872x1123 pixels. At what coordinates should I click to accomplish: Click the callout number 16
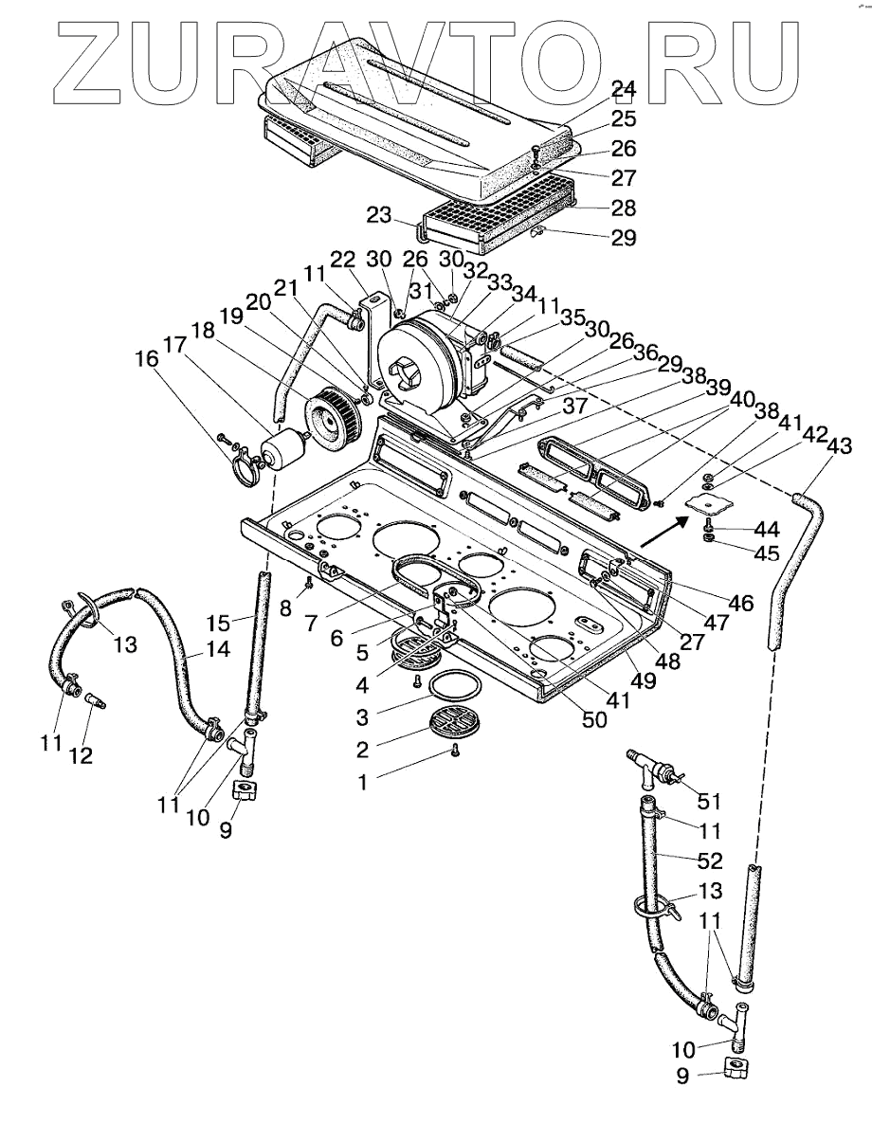(x=148, y=359)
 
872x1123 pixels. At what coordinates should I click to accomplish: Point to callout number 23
(x=380, y=214)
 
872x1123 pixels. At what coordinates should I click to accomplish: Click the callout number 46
(x=741, y=603)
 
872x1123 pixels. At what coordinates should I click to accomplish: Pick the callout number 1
(x=363, y=782)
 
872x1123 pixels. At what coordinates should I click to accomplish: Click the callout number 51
(x=710, y=801)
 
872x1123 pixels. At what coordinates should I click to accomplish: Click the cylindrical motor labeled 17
(x=283, y=445)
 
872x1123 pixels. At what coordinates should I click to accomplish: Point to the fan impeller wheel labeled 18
(x=331, y=416)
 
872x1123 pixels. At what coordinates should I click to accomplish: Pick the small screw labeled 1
(x=455, y=751)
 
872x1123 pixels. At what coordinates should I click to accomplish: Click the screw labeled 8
(x=308, y=584)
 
